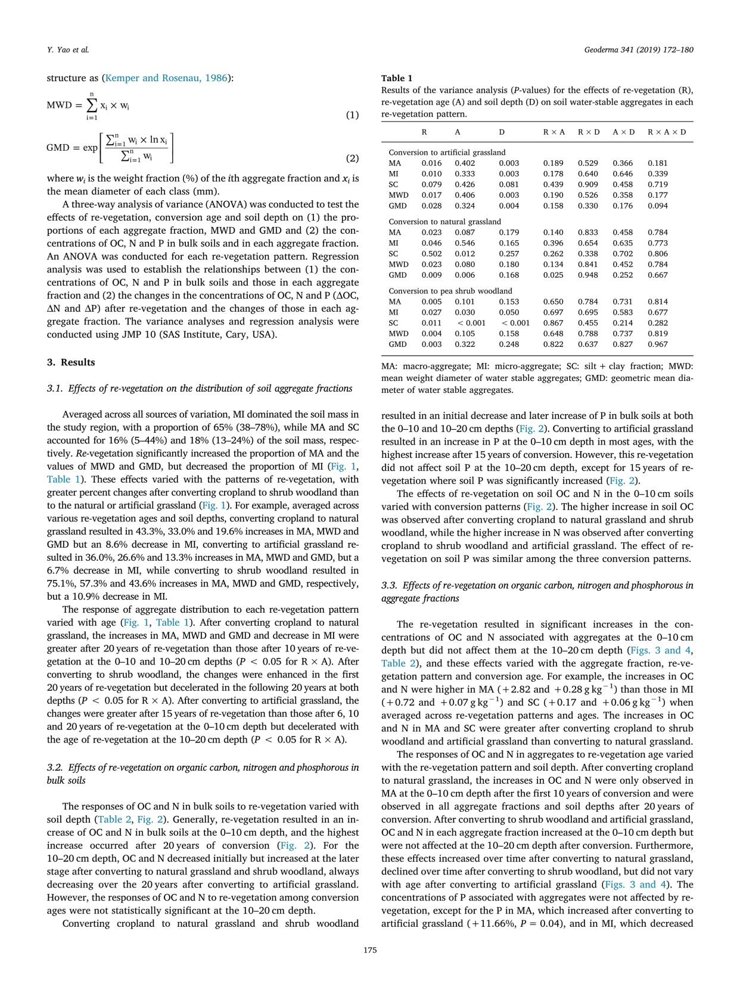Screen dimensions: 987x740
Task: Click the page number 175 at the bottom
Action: click(370, 950)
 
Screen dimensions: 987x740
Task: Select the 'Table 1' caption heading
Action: click(397, 78)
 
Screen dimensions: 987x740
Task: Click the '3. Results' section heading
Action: click(71, 362)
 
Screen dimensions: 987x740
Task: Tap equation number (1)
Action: click(353, 114)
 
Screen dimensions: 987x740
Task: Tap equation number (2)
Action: click(353, 158)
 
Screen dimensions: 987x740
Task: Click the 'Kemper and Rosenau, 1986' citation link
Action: click(167, 77)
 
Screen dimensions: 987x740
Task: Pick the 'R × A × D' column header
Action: click(667, 132)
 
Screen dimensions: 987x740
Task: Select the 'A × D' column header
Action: click(624, 132)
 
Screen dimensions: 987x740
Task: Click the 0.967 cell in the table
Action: click(658, 344)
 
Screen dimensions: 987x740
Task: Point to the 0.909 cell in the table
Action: click(588, 184)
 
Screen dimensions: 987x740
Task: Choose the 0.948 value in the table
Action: click(588, 275)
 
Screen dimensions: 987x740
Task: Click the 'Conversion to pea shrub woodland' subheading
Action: click(450, 291)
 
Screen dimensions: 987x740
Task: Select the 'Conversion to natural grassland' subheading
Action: click(444, 221)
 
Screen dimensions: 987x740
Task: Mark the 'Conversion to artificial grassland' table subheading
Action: click(447, 152)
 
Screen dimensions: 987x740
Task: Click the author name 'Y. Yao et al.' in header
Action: click(68, 49)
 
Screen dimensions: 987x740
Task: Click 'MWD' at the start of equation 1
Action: click(59, 105)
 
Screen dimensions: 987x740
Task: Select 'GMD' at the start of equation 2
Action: click(58, 147)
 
